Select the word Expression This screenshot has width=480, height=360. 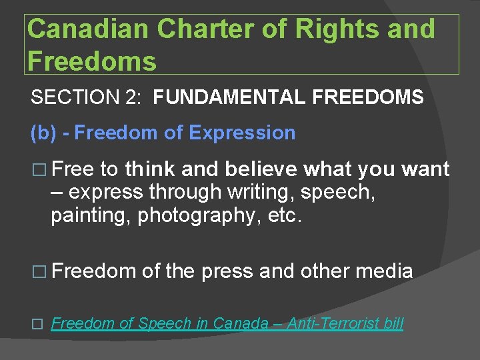242,133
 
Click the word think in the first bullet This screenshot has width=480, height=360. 150,169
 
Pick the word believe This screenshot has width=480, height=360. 262,169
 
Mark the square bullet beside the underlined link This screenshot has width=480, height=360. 37,325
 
